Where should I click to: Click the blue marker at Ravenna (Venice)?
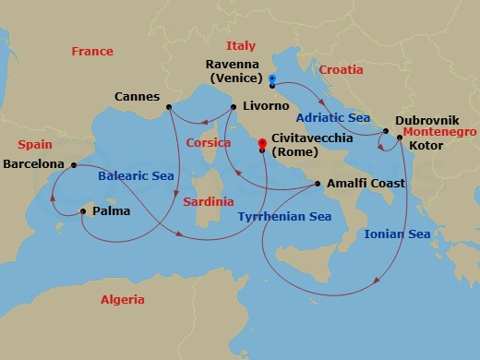click(271, 79)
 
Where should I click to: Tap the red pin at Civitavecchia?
click(262, 144)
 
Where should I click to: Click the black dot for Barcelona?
click(74, 164)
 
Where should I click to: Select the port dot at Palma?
click(83, 211)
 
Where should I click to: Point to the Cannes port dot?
click(170, 108)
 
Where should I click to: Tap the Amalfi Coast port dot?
click(318, 184)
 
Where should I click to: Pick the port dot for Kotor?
click(399, 138)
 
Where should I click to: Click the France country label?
click(92, 52)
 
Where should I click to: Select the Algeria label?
click(122, 300)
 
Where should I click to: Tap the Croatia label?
click(341, 69)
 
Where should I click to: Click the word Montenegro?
click(440, 133)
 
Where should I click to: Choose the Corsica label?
click(209, 143)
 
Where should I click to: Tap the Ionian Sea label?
click(397, 234)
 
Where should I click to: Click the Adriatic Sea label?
click(332, 117)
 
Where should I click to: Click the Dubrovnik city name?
click(426, 120)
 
